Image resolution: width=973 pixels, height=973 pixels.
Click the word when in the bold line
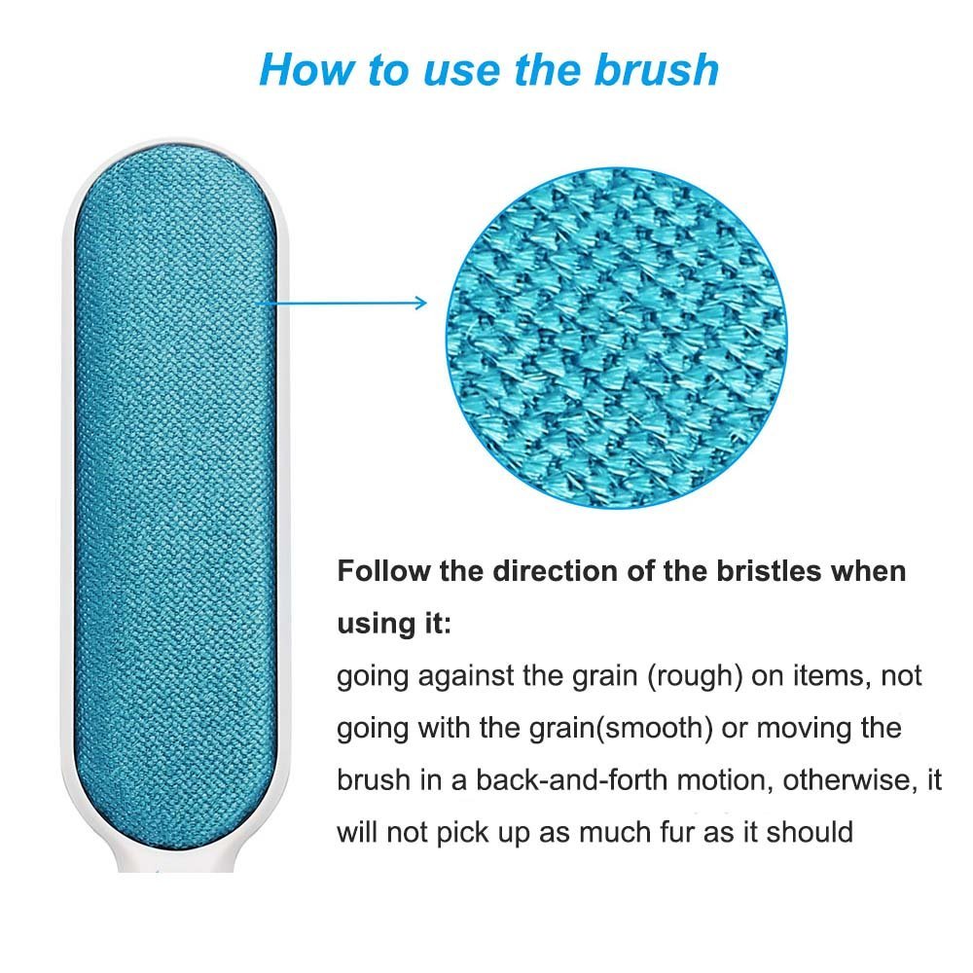867,570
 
